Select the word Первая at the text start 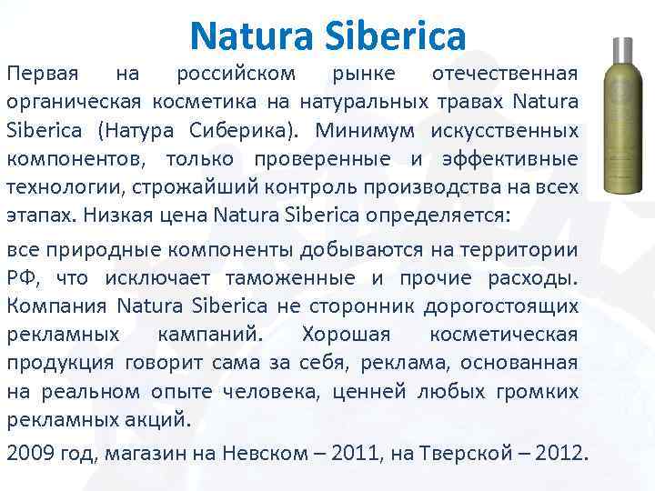(43, 72)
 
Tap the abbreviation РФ (22, 279)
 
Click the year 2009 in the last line (27, 452)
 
